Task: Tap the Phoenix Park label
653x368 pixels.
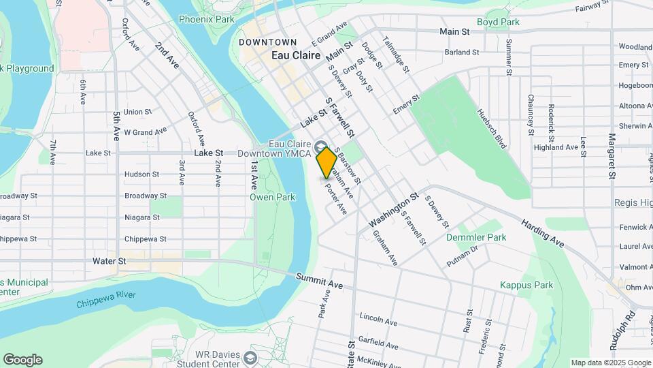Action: [206, 19]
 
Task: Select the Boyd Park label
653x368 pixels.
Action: [498, 22]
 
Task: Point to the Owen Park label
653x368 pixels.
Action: [272, 197]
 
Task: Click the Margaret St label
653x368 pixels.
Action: [612, 155]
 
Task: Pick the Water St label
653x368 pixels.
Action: [110, 260]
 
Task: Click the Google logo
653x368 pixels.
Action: [22, 360]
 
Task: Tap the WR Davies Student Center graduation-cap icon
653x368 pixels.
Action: [251, 358]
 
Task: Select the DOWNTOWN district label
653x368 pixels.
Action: [268, 42]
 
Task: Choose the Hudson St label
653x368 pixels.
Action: [141, 174]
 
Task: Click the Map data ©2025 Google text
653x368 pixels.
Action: [610, 363]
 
